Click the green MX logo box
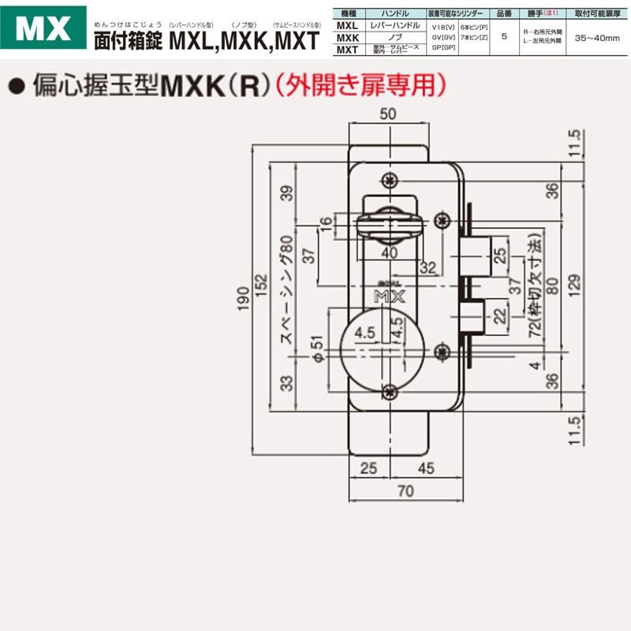point(43,29)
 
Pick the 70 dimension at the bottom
point(405,491)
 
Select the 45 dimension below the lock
point(425,469)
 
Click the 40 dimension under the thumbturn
point(387,253)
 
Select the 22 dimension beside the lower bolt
point(498,316)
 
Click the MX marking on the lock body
point(388,296)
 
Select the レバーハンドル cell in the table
point(390,26)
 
